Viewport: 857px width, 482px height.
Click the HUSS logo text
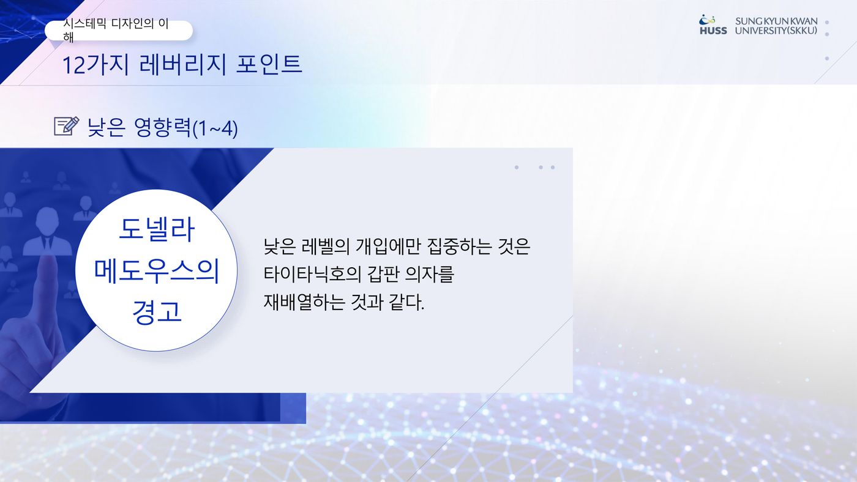(713, 31)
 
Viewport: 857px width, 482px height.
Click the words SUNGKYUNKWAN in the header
(776, 21)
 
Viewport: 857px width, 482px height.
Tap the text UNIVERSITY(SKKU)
(776, 31)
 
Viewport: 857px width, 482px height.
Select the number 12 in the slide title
(73, 65)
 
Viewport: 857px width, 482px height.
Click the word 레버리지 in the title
(183, 64)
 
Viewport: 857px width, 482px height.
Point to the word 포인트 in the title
(269, 64)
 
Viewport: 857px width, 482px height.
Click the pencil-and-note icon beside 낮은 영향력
(67, 126)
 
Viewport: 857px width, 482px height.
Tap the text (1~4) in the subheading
(215, 129)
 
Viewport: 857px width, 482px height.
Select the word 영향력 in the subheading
(163, 127)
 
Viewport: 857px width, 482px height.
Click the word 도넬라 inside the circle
(157, 229)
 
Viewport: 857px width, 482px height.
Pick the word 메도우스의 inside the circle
(157, 271)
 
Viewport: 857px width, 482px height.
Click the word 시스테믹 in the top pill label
(84, 24)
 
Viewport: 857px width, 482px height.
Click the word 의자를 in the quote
(429, 274)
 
